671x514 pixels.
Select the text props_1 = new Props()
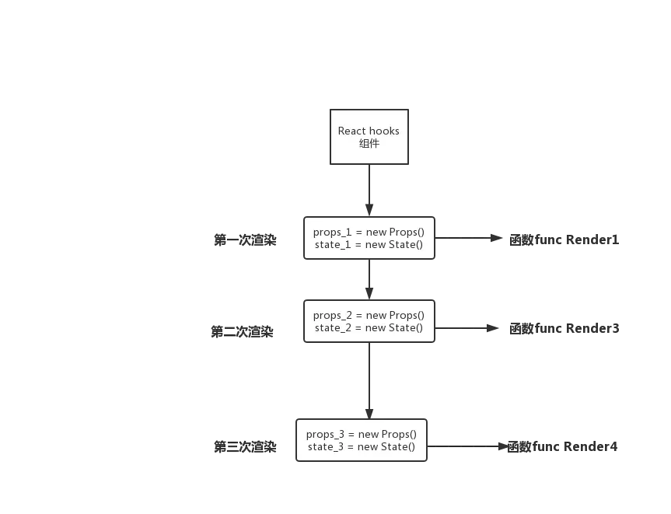point(369,233)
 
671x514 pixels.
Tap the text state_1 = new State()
point(369,245)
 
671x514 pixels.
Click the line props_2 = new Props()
point(369,316)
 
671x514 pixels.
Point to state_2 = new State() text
point(369,328)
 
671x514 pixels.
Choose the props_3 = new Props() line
point(362,435)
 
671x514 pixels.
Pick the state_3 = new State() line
point(362,447)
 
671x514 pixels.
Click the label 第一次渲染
point(245,240)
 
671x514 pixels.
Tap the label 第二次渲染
point(242,332)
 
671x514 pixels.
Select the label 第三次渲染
point(245,447)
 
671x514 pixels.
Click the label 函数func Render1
point(564,240)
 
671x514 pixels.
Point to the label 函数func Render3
point(564,328)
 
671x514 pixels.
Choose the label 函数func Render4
point(562,447)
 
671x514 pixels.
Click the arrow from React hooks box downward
point(369,191)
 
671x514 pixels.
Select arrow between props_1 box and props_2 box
point(369,279)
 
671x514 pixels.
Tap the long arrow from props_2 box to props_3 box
point(369,380)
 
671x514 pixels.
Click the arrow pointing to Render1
point(469,238)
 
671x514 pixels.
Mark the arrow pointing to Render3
point(467,328)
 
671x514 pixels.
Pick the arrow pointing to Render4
point(468,446)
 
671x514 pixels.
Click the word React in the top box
point(351,131)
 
